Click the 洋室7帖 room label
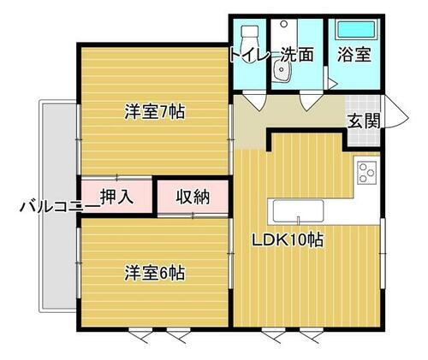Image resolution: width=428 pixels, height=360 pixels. click(155, 111)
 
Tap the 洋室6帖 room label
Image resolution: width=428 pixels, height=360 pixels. click(155, 274)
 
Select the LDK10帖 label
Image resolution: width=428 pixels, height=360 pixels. click(287, 241)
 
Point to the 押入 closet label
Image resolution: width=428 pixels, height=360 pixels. click(116, 197)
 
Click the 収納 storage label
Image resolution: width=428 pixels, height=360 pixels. click(193, 197)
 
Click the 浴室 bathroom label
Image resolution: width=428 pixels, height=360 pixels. click(354, 54)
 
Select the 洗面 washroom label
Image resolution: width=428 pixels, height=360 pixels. click(296, 54)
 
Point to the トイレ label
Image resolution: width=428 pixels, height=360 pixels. click(248, 54)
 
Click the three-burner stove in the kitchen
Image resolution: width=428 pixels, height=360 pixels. click(368, 172)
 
